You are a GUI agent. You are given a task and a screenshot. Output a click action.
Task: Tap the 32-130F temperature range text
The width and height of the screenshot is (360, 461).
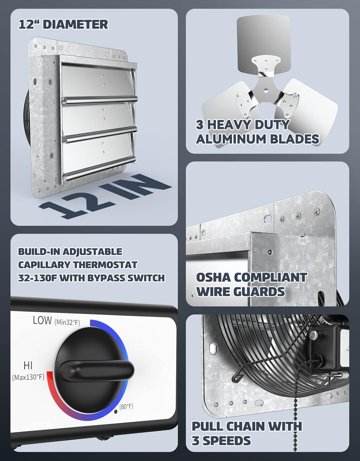[x=37, y=278]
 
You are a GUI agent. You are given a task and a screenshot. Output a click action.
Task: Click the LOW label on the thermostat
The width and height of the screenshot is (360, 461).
[x=42, y=321]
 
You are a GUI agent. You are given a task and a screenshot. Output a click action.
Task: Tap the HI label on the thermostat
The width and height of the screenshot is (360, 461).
[x=28, y=365]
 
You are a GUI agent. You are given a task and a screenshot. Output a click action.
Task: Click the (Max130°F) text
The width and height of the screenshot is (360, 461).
[x=28, y=377]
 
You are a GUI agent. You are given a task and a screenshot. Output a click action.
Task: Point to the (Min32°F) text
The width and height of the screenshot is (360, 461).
[x=67, y=322]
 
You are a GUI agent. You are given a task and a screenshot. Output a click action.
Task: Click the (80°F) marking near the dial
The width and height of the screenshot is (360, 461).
[x=126, y=406]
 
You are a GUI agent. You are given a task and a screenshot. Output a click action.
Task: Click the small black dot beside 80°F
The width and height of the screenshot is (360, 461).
[x=116, y=411]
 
